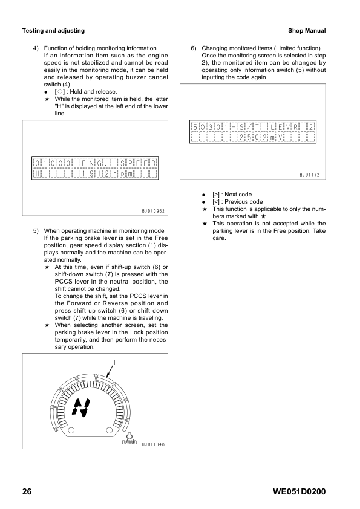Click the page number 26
pyautogui.click(x=27, y=492)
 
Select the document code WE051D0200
pyautogui.click(x=299, y=492)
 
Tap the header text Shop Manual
pyautogui.click(x=307, y=30)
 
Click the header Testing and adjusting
pyautogui.click(x=53, y=30)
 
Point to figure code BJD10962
pyautogui.click(x=153, y=211)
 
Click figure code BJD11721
pyautogui.click(x=311, y=175)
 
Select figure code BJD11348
pyautogui.click(x=153, y=444)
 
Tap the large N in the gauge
pyautogui.click(x=81, y=407)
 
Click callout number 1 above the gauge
pyautogui.click(x=114, y=363)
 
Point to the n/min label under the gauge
pyautogui.click(x=129, y=441)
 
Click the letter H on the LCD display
pyautogui.click(x=37, y=174)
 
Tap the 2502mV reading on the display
pyautogui.click(x=261, y=138)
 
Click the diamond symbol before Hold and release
pyautogui.click(x=59, y=92)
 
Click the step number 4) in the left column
pyautogui.click(x=36, y=48)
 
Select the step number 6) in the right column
pyautogui.click(x=194, y=48)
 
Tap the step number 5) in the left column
pyautogui.click(x=36, y=231)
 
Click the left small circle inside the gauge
pyautogui.click(x=71, y=430)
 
